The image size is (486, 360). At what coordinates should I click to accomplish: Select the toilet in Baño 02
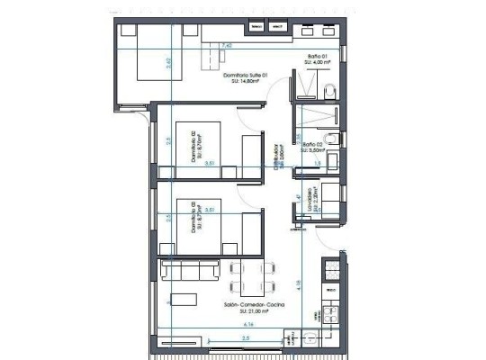332,138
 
